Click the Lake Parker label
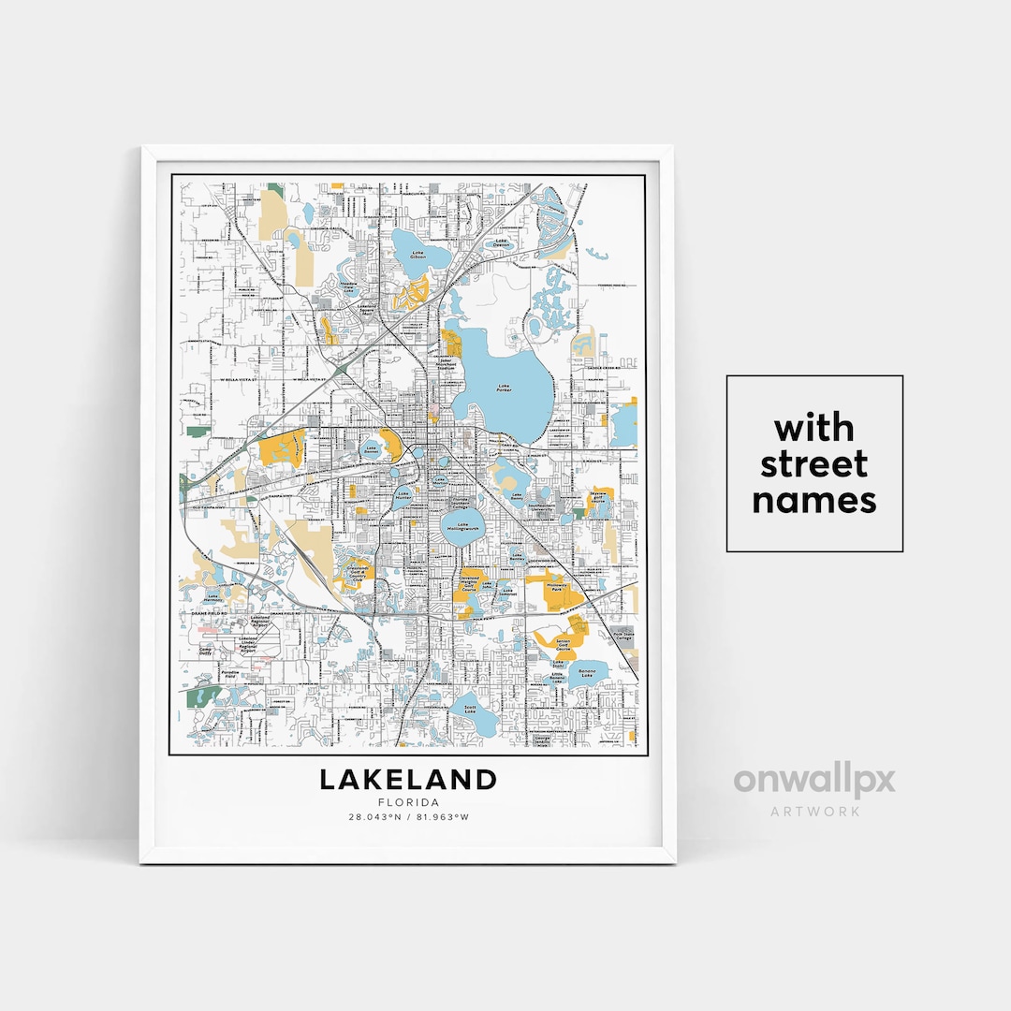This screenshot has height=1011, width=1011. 505,388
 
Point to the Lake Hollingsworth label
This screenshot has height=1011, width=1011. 461,529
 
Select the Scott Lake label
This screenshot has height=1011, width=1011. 469,709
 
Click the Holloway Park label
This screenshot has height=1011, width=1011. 558,588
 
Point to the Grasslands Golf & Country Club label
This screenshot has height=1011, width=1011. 355,575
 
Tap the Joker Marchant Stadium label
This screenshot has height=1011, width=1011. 447,364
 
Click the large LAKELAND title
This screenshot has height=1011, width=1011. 408,779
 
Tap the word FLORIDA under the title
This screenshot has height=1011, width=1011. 408,802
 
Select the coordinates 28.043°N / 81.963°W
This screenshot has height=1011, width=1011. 408,817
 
